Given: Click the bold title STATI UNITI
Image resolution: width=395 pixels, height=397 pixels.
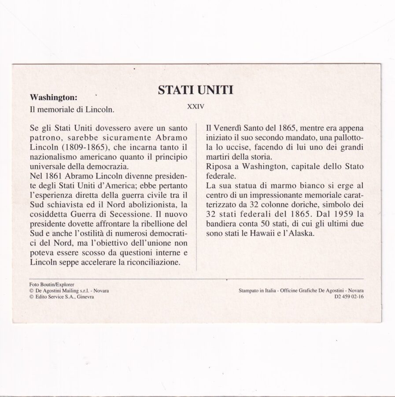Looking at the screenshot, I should point(195,90).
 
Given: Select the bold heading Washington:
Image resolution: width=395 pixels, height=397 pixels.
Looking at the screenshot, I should point(53,97).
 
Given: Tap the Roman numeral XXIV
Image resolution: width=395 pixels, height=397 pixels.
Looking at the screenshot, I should point(195,106).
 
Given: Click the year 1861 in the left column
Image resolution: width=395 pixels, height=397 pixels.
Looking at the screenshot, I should point(56,176).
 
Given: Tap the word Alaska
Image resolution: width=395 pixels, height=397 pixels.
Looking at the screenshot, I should point(303,233).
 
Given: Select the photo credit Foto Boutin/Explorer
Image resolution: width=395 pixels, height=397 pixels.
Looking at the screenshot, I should point(52,285).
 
